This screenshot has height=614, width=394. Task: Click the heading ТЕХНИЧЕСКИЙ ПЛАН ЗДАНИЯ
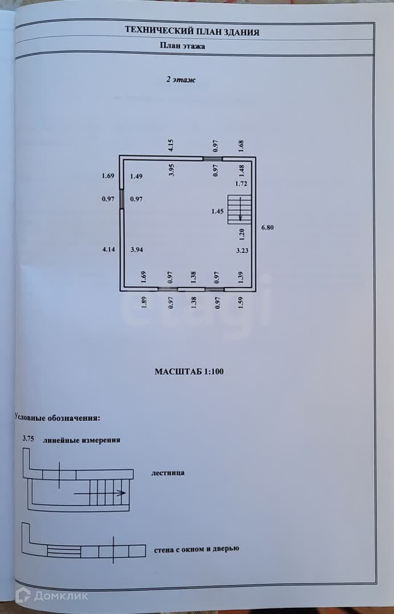192,31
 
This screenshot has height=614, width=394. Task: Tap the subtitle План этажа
182,46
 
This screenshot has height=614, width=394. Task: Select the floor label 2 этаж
181,80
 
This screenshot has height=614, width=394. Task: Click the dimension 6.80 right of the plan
267,228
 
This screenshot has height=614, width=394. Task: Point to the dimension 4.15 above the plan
171,145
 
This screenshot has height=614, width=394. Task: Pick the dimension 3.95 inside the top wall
172,170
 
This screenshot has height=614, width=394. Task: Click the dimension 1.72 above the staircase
241,184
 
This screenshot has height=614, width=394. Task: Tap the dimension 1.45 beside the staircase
217,211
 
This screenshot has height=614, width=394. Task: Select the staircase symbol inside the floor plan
239,209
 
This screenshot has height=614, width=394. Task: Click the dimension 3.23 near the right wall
242,250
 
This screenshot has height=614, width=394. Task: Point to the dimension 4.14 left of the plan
108,249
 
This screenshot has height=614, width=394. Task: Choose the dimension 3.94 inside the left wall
136,249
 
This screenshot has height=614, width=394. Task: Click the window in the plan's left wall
122,199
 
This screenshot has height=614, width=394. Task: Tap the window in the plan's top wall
213,158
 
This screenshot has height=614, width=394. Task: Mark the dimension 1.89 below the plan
144,302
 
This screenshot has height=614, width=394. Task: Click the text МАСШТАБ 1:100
189,372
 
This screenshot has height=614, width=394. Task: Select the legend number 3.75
28,438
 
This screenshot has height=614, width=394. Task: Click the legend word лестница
168,473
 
